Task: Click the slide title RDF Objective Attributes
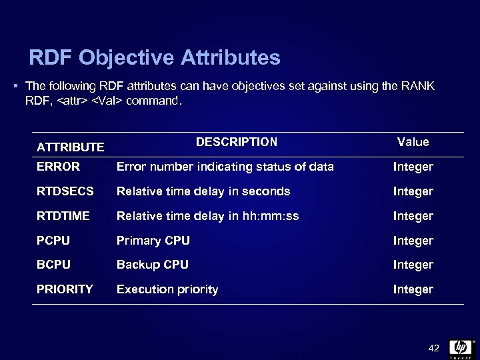(x=155, y=58)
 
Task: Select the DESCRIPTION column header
(x=237, y=142)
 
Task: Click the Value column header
(x=413, y=142)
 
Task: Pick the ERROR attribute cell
(x=58, y=167)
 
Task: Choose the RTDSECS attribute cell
(x=65, y=191)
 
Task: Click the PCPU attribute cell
(x=53, y=241)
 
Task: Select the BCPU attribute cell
(x=53, y=265)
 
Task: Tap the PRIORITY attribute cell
(x=65, y=289)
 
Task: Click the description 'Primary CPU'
(x=153, y=241)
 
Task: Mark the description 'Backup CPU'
(x=153, y=265)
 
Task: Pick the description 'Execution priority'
(x=167, y=289)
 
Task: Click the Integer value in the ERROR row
(x=413, y=167)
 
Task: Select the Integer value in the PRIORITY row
(x=413, y=289)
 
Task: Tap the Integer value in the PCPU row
(x=413, y=241)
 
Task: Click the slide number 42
(x=434, y=348)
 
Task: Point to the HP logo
(x=461, y=347)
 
